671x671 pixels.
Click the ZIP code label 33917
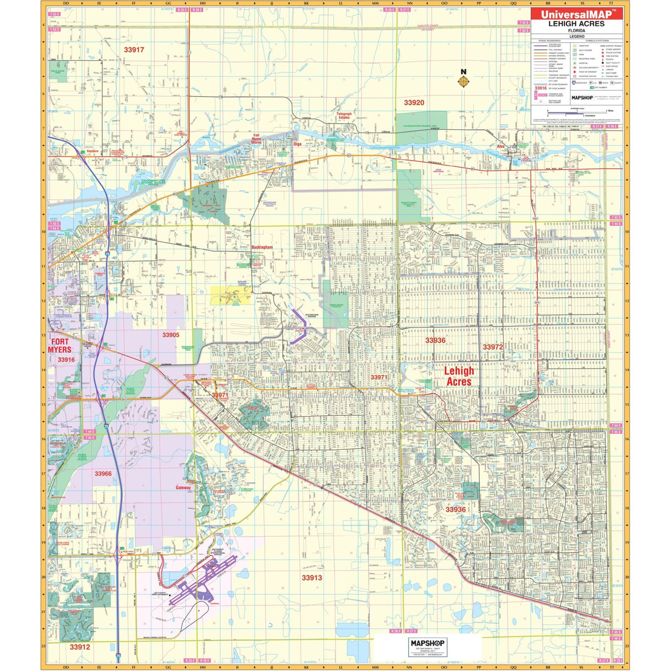coord(134,50)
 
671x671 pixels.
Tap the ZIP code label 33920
coord(414,103)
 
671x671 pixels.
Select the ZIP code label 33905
coord(171,335)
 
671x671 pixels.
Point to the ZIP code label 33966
coord(103,474)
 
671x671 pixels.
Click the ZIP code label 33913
coord(312,578)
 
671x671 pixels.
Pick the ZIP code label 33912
coord(80,647)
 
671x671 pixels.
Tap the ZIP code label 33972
coord(493,347)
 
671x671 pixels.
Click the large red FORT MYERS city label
coord(60,345)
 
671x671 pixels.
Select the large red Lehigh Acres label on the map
coord(459,376)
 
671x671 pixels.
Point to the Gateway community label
coord(184,488)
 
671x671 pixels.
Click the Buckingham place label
coord(263,248)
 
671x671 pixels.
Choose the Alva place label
coord(501,146)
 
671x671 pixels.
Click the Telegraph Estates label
coord(344,116)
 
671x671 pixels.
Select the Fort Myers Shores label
coord(256,139)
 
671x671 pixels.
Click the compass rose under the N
coord(464,82)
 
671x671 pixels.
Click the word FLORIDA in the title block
coord(576,30)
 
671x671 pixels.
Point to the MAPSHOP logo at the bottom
coord(427,643)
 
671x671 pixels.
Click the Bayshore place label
coord(92,151)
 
